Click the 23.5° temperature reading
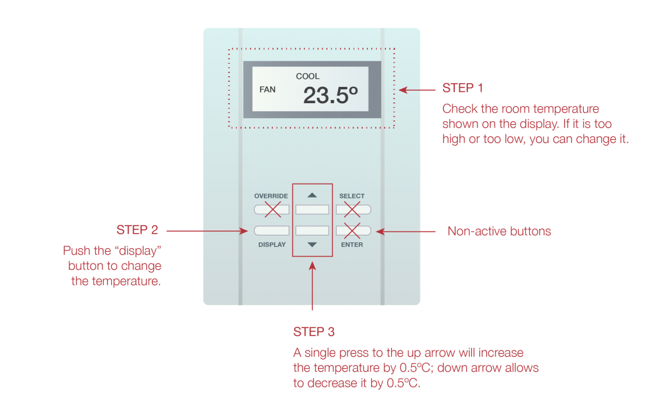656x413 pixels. (330, 95)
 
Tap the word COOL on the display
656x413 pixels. (307, 76)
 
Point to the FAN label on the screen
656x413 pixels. (267, 89)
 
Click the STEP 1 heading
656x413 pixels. (462, 88)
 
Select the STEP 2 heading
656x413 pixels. (137, 230)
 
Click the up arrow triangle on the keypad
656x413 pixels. (312, 196)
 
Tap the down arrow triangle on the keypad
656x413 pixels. (312, 245)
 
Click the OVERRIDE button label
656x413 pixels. (271, 196)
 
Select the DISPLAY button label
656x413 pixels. (272, 245)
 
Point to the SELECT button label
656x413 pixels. (352, 196)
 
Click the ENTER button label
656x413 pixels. (352, 245)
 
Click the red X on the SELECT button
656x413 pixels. (352, 209)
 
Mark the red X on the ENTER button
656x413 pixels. (352, 231)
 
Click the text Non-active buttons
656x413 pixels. (499, 231)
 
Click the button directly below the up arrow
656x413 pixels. (312, 209)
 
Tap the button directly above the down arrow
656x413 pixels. (312, 230)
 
